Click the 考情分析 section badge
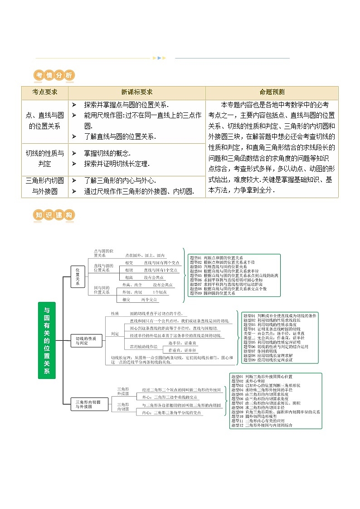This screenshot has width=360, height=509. (x=54, y=76)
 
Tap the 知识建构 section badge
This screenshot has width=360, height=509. (x=54, y=215)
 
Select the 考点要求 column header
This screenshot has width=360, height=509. (x=44, y=92)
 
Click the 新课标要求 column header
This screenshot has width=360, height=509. (x=136, y=92)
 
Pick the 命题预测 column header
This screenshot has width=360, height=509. (x=272, y=92)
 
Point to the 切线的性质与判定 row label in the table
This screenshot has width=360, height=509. (x=44, y=158)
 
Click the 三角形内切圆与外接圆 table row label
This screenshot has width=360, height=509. (x=44, y=186)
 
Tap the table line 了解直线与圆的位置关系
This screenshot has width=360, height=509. (x=120, y=136)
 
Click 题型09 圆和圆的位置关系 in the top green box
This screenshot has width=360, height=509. (x=213, y=293)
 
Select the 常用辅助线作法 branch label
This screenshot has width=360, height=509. (x=144, y=346)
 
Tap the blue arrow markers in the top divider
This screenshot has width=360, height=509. (x=160, y=58)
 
